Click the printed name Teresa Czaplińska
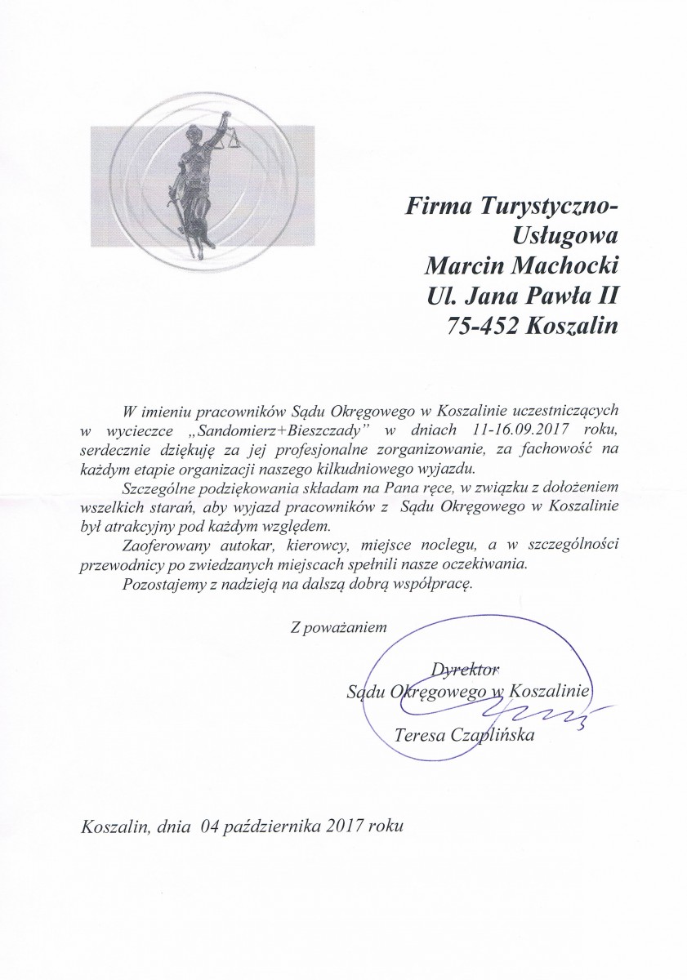click(x=464, y=736)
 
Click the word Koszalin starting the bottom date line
click(x=112, y=826)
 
